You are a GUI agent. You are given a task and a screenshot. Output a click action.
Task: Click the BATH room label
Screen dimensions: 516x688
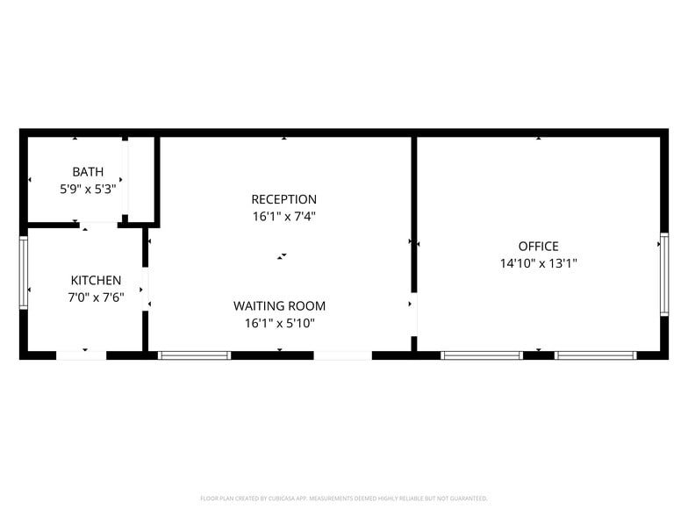88,172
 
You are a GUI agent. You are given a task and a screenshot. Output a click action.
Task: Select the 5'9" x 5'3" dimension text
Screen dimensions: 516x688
88,189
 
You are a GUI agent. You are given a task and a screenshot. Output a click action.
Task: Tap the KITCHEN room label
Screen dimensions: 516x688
96,280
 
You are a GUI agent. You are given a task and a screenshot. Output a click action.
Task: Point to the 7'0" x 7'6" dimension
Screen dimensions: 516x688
96,297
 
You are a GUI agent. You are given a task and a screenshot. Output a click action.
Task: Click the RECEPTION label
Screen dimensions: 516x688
283,199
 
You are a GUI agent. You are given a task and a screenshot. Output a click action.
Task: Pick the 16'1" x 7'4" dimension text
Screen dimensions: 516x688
283,216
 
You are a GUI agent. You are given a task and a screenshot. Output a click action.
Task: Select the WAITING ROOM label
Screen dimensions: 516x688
279,306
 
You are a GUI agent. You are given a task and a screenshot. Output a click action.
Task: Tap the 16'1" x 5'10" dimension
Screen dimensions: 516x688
279,323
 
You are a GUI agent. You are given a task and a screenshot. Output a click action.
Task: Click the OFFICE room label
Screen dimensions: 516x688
538,247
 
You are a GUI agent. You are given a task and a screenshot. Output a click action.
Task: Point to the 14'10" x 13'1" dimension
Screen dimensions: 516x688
538,263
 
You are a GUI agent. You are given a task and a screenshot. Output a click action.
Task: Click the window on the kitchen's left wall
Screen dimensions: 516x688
24,272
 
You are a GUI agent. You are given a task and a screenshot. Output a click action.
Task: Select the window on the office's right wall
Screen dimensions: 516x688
664,274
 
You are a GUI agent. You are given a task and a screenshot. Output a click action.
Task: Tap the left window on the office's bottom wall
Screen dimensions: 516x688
482,355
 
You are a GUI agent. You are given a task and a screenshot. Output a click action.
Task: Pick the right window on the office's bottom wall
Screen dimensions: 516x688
596,355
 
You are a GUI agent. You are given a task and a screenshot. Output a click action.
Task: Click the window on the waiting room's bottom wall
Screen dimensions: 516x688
194,355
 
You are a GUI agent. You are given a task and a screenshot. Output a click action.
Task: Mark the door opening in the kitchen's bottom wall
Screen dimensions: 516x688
82,355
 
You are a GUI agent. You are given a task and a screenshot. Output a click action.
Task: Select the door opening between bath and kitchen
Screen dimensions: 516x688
99,224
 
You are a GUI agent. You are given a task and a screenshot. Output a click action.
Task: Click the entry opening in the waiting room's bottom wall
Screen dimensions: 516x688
342,355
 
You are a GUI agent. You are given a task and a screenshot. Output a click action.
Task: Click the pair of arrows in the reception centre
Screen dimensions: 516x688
282,256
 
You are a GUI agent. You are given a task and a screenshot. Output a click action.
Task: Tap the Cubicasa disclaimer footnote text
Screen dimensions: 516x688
344,498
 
